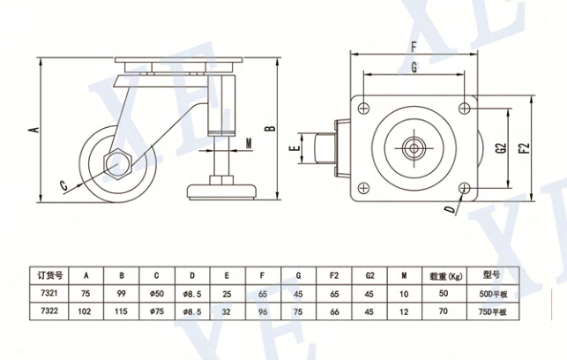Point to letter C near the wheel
coord(63,184)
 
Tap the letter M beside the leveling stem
coord(249,143)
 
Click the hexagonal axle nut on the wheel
coord(117,163)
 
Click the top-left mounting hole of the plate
coord(362,106)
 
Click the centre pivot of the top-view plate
coord(413,147)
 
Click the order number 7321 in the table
coord(42,293)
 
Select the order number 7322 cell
coord(42,311)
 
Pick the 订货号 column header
coord(42,274)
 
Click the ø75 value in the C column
coord(159,311)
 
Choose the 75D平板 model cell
coord(494,311)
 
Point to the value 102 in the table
coord(84,311)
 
